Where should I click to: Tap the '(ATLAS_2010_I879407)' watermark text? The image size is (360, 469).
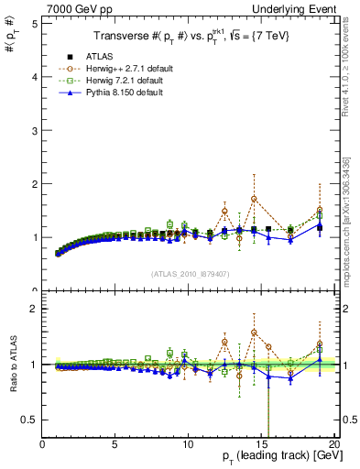click(191, 273)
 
